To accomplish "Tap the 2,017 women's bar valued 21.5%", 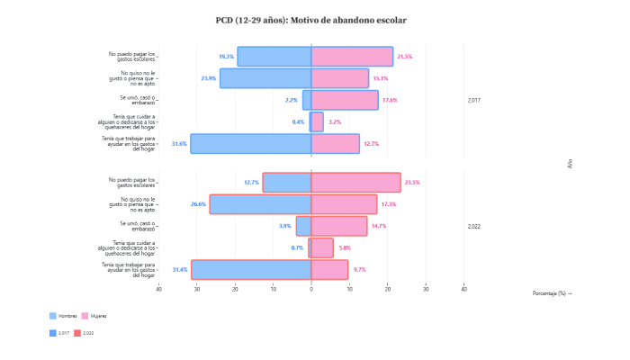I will click(352, 57).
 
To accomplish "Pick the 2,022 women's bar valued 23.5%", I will click(355, 183).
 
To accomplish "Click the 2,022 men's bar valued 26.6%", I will click(260, 204).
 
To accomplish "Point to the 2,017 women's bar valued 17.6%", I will click(345, 100).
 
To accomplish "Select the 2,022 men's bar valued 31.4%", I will click(251, 269).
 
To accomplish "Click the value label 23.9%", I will click(208, 78).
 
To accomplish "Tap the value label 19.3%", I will click(226, 57).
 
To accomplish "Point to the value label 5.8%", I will click(345, 247).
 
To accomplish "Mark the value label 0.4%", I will click(298, 121).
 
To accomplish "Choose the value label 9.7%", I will click(359, 269).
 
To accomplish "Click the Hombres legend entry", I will click(63, 316).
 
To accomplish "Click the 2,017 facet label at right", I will click(474, 100).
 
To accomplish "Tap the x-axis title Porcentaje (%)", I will click(552, 292).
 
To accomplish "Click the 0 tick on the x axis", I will click(311, 289).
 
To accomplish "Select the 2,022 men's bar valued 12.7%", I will click(287, 183).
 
